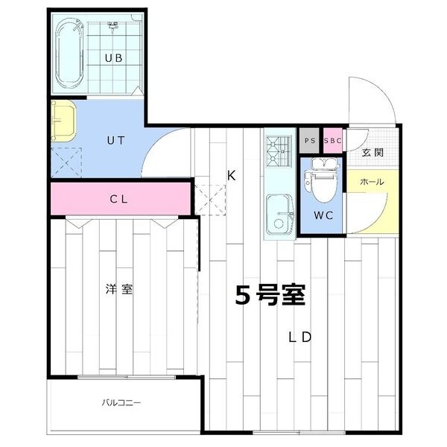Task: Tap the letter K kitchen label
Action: coord(232,176)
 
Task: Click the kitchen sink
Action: coord(279,213)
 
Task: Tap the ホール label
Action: coord(372,182)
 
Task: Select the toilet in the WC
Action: coord(322,183)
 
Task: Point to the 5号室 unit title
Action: coord(270,296)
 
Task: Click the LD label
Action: coord(299,337)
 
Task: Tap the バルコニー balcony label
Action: coord(122,404)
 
